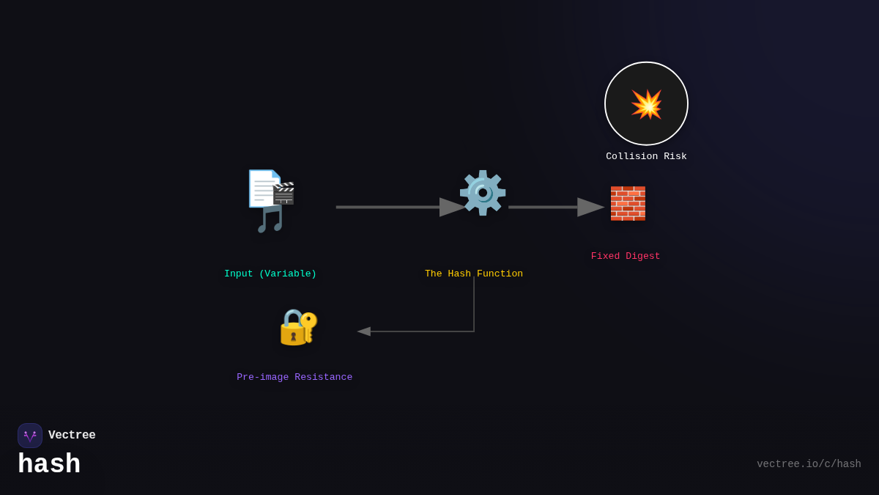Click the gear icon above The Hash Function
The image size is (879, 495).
[x=482, y=193]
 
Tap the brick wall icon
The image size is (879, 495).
[x=628, y=203]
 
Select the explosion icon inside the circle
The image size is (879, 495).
[x=646, y=104]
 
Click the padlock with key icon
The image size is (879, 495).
[x=298, y=327]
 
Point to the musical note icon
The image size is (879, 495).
[x=270, y=219]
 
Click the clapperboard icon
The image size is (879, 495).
[x=283, y=193]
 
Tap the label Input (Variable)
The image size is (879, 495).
[x=270, y=274]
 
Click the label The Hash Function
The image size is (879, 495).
[x=474, y=274]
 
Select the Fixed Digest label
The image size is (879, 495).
[x=626, y=256]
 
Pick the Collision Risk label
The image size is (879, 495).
[x=646, y=156]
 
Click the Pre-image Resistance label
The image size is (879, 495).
[x=294, y=377]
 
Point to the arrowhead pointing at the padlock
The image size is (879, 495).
[x=364, y=331]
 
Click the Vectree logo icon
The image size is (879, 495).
[x=30, y=436]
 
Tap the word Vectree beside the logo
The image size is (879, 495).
[x=72, y=435]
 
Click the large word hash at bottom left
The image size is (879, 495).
[x=49, y=464]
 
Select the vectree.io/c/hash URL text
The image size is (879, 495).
[x=809, y=464]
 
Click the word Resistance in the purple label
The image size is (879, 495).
[x=323, y=377]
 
